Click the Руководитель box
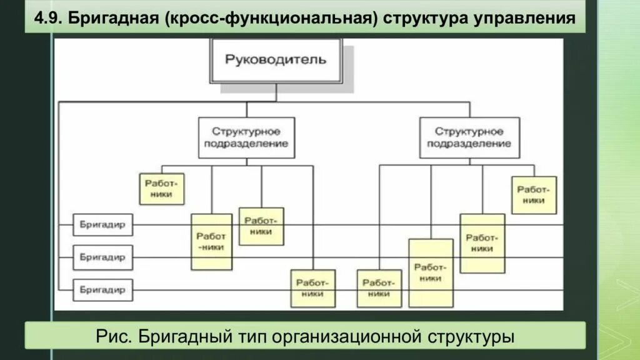point(276,60)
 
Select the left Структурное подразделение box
point(246,137)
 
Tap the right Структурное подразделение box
point(469,137)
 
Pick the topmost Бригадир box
point(102,224)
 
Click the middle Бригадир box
point(102,257)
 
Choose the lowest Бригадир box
point(102,290)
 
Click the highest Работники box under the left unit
point(161,188)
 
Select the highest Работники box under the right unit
point(534,195)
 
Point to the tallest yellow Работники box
point(431,272)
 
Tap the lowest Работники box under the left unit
point(312,288)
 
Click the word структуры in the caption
point(471,337)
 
